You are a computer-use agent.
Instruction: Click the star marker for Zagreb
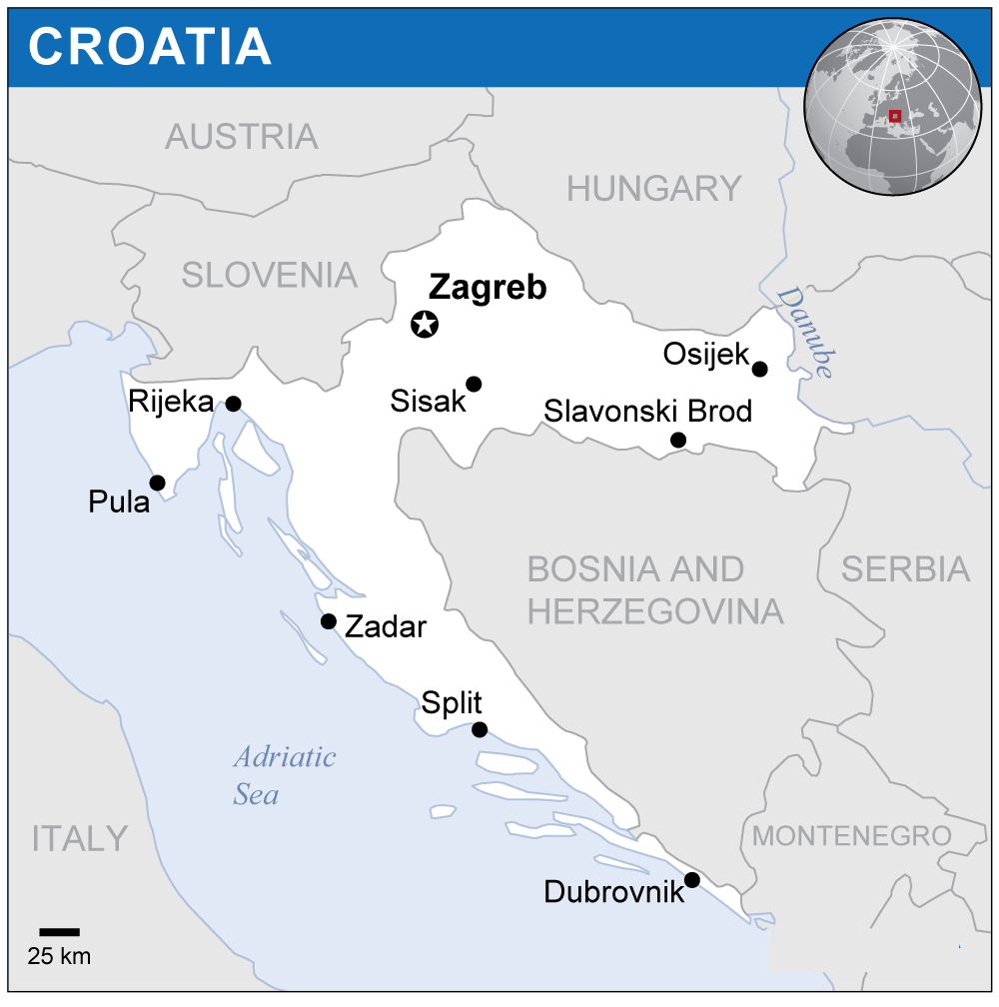pyautogui.click(x=426, y=324)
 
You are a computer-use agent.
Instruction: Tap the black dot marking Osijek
pyautogui.click(x=759, y=369)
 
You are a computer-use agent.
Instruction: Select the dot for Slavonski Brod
pyautogui.click(x=678, y=440)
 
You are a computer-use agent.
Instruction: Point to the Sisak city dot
pyautogui.click(x=474, y=384)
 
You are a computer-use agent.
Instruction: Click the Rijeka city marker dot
pyautogui.click(x=233, y=404)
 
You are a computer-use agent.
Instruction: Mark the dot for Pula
pyautogui.click(x=157, y=483)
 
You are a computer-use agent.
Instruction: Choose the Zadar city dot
pyautogui.click(x=328, y=621)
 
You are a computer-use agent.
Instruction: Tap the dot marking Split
pyautogui.click(x=480, y=729)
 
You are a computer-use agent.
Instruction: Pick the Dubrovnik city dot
pyautogui.click(x=691, y=880)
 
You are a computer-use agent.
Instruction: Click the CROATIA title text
pyautogui.click(x=150, y=46)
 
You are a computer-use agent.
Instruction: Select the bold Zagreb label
pyautogui.click(x=488, y=288)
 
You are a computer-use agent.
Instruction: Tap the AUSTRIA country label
pyautogui.click(x=242, y=137)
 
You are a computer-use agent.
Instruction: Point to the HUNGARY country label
pyautogui.click(x=654, y=188)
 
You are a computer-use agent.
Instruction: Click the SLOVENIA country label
pyautogui.click(x=270, y=274)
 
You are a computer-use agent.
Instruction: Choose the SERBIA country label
pyautogui.click(x=905, y=568)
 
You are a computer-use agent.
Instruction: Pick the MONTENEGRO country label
pyautogui.click(x=852, y=835)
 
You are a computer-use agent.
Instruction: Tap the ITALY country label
pyautogui.click(x=80, y=838)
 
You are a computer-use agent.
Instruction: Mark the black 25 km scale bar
pyautogui.click(x=60, y=931)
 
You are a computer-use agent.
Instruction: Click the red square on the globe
pyautogui.click(x=895, y=116)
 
